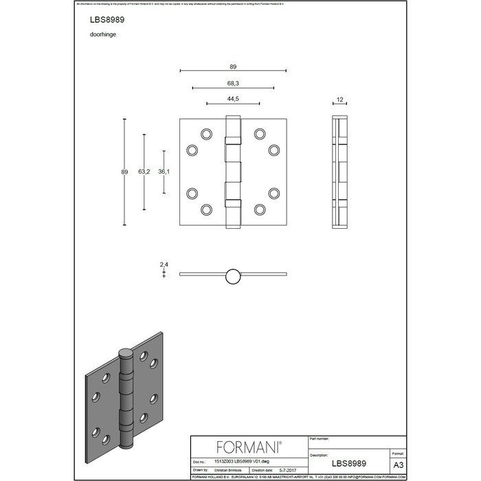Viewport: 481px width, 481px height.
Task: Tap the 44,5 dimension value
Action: coord(232,99)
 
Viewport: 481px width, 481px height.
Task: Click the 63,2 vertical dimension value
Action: coord(144,172)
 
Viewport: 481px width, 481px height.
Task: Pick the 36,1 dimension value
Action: coord(164,172)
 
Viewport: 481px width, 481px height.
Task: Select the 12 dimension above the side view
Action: coord(339,100)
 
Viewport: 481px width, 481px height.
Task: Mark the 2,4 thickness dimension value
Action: coord(164,264)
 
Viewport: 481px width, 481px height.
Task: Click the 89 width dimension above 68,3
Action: coord(232,66)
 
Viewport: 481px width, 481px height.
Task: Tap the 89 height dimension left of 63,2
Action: coord(124,172)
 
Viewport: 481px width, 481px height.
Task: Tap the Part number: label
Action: coord(324,438)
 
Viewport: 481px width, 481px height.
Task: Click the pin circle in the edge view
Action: coord(232,276)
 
